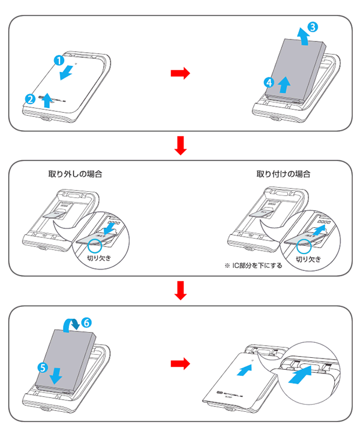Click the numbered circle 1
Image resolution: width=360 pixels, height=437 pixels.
[x=58, y=60]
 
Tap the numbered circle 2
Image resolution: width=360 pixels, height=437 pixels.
[x=29, y=98]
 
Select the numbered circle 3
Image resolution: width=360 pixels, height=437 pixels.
[x=313, y=27]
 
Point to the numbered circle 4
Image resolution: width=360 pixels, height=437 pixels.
[x=270, y=82]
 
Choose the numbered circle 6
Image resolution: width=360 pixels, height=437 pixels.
[x=87, y=322]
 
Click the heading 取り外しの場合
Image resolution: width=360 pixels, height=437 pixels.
[x=75, y=174]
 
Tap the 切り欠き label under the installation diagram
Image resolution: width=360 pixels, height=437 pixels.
[x=308, y=258]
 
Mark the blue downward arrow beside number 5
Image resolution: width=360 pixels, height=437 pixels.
[x=56, y=374]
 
